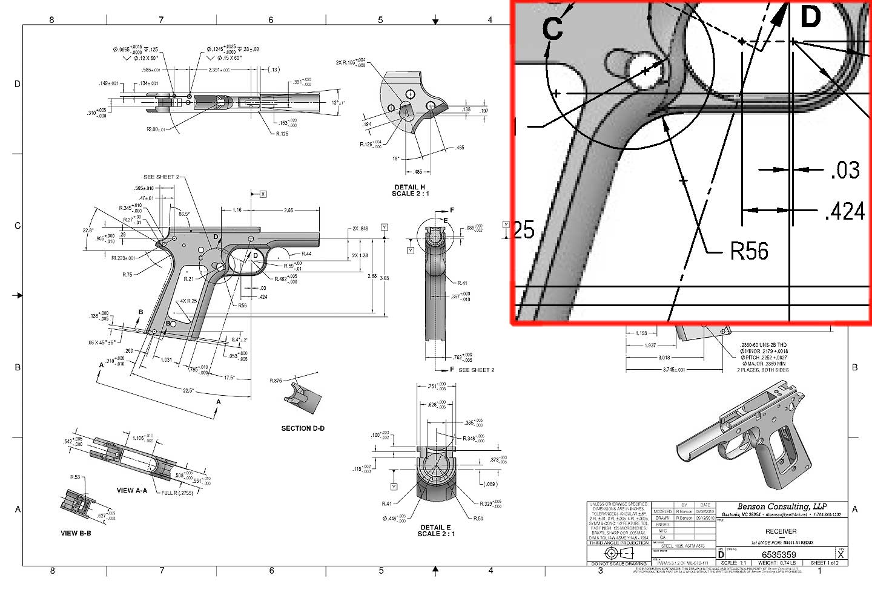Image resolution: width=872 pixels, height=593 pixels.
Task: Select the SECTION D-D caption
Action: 303,428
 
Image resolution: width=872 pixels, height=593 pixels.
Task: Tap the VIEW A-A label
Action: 132,490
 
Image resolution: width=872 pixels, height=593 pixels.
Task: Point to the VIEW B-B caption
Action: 76,533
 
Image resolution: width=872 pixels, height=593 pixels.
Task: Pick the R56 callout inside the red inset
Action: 749,251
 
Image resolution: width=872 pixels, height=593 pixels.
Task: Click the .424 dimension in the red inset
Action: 845,212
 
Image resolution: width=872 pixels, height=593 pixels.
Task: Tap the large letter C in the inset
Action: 552,28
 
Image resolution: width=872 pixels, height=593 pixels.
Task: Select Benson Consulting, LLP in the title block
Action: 782,506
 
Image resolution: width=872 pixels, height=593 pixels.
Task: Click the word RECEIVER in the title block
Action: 781,531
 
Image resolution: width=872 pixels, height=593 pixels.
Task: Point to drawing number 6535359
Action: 779,554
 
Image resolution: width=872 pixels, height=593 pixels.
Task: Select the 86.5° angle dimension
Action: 184,214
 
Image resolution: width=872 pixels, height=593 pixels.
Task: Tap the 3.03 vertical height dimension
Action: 384,278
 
